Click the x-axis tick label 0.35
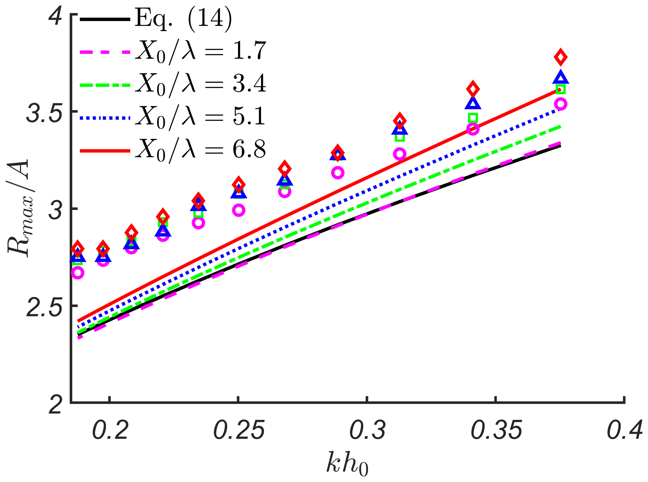(x=496, y=431)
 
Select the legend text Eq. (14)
(x=184, y=19)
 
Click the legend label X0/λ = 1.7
(x=201, y=52)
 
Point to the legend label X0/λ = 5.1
(x=201, y=118)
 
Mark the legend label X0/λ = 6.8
(x=201, y=151)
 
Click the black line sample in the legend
(x=105, y=19)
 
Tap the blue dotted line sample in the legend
(x=105, y=118)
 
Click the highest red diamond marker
(x=561, y=57)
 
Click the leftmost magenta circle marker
(x=78, y=273)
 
